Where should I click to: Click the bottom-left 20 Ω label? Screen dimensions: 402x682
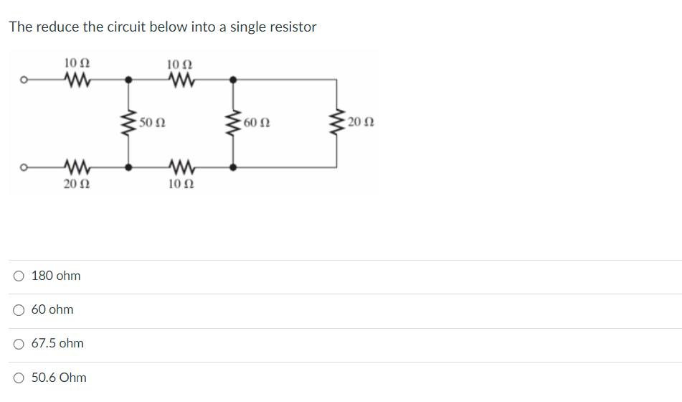(x=76, y=184)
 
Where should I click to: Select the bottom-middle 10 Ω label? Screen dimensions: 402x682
(x=180, y=184)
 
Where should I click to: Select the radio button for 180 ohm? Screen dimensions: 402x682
(x=19, y=276)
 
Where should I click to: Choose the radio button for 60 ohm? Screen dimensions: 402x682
(x=19, y=309)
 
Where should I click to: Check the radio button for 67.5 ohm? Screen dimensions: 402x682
(x=19, y=344)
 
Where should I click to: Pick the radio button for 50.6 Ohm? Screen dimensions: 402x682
(x=19, y=378)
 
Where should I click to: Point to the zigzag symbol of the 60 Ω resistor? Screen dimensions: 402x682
(x=232, y=123)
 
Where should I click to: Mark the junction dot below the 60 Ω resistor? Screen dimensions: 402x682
(x=232, y=167)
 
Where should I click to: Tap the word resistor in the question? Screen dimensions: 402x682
(x=293, y=27)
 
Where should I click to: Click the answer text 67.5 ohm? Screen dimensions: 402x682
(x=57, y=344)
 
